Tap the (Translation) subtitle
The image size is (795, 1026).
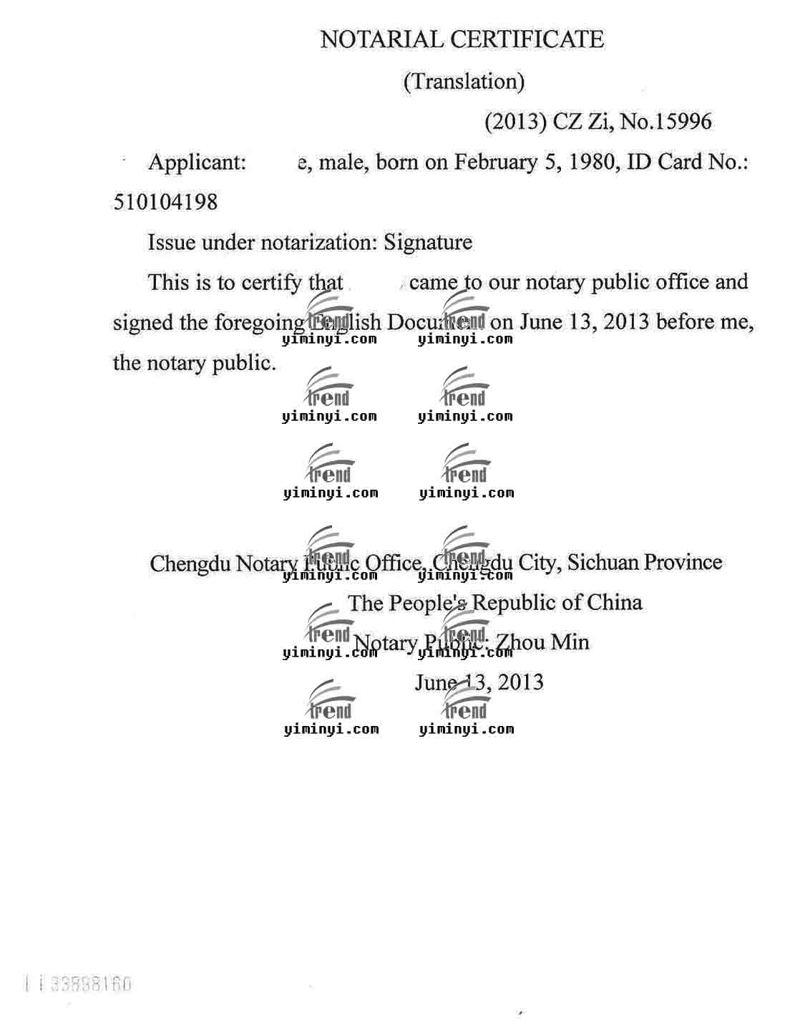(x=464, y=82)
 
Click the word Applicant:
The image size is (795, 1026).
(x=197, y=163)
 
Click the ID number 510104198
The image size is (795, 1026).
(x=165, y=203)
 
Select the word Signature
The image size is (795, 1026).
(x=428, y=243)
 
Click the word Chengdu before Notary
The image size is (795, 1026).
(x=190, y=563)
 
